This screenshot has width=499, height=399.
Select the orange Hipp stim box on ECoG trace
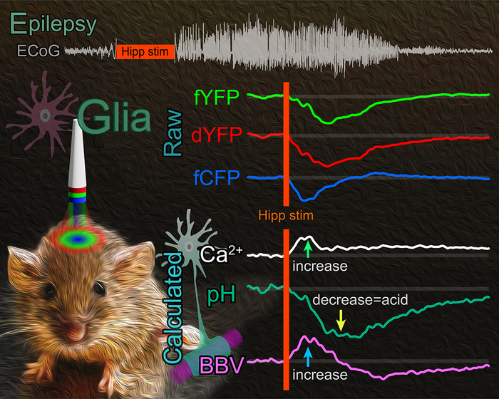(145, 51)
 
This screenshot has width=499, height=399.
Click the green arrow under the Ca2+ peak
(307, 249)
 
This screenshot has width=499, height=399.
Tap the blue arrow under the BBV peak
(307, 353)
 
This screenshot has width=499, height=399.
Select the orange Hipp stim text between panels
(286, 212)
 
